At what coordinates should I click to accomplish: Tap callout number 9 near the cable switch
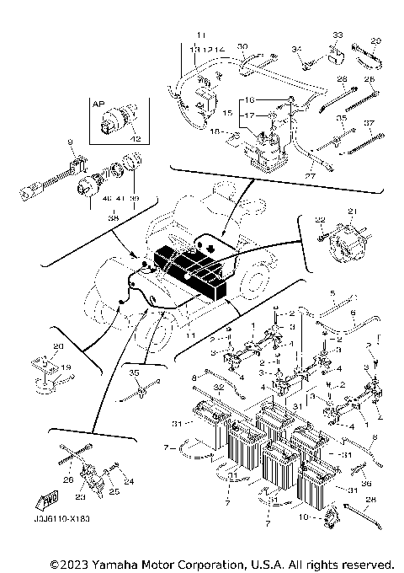pyautogui.click(x=70, y=142)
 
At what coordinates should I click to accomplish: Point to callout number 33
pyautogui.click(x=338, y=35)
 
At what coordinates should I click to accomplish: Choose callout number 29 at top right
pyautogui.click(x=375, y=40)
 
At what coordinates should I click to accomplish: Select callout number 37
pyautogui.click(x=368, y=123)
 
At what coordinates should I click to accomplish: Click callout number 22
pyautogui.click(x=320, y=219)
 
